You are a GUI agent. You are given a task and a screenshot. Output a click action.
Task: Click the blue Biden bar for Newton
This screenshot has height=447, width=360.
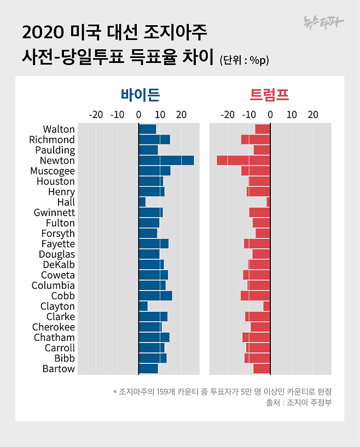pos(166,160)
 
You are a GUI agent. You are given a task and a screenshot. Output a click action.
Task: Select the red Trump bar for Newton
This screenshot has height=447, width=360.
pos(243,160)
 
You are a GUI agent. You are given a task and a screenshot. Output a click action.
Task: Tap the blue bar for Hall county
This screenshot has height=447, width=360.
pos(142,202)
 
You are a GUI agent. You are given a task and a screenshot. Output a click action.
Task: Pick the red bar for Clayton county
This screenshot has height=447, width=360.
pos(266,306)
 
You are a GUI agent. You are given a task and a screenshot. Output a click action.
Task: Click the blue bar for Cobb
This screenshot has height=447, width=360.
pos(155,295)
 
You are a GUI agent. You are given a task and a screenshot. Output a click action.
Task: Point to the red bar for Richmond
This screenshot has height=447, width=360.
pos(256,140)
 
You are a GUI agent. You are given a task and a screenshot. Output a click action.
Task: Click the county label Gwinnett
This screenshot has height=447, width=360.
pos(54,212)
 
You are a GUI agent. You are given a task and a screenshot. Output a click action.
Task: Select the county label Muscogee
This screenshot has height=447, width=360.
pos(53,171)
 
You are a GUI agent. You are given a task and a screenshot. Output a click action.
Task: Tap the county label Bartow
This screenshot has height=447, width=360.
pos(59,369)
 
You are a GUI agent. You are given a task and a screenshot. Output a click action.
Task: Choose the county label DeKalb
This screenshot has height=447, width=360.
pos(59,264)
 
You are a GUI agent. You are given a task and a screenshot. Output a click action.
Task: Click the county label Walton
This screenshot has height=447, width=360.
pos(59,129)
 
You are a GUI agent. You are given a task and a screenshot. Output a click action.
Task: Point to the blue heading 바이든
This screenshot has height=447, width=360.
pos(141,95)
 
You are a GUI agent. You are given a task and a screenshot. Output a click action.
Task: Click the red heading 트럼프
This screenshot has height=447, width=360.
pos(269,95)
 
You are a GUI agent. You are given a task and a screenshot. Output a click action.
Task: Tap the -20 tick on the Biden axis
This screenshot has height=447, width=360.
pos(96,115)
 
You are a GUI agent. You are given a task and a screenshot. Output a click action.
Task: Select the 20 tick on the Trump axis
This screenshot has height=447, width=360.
pos(312,115)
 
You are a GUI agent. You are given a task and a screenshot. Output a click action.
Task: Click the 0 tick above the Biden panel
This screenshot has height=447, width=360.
pos(138,115)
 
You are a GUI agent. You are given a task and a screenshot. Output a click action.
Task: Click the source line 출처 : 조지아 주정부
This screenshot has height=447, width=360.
pos(299,403)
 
